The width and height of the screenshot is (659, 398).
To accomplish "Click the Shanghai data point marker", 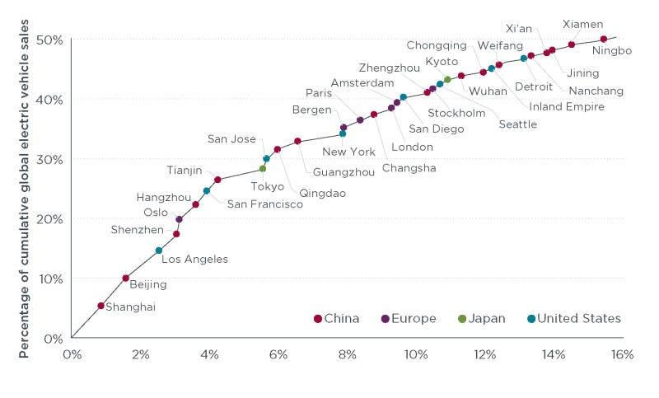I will click(x=100, y=306).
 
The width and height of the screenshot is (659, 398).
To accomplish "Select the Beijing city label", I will click(x=149, y=284).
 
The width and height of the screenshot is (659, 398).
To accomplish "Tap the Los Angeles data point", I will click(x=159, y=251).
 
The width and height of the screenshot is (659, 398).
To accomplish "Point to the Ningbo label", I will click(x=611, y=51).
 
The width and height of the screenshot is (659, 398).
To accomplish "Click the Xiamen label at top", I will click(x=582, y=24).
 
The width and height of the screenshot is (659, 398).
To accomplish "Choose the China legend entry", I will click(x=337, y=319).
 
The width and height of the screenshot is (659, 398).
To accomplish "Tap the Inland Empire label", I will click(x=567, y=106).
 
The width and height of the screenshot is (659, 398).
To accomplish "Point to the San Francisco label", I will click(x=264, y=204).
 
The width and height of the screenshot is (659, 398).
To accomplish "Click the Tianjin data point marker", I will click(x=217, y=180).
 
